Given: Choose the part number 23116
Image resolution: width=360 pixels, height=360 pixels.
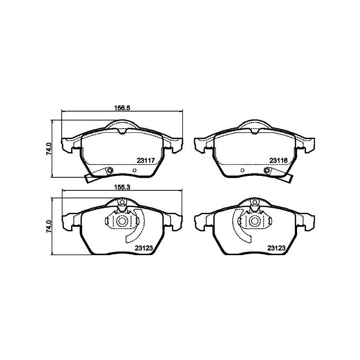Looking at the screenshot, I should tap(278, 160).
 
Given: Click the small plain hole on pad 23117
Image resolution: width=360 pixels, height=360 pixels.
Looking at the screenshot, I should tap(135, 171).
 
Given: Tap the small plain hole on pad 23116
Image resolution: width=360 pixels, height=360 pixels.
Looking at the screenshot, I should tap(243, 171).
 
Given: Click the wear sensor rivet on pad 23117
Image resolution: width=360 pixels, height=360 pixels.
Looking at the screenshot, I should tap(109, 170).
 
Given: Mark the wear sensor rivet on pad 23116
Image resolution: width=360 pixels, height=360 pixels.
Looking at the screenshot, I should tap(268, 170).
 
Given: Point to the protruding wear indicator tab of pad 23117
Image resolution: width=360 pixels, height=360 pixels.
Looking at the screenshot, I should tap(90, 178).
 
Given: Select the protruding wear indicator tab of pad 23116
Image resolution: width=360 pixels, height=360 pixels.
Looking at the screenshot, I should tap(288, 178).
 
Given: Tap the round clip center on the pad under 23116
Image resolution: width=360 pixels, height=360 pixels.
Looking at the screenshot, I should tap(255, 221).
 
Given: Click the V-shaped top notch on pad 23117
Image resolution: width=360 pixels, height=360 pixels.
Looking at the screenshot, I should tap(122, 131).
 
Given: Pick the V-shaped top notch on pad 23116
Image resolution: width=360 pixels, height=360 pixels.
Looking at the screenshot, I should tap(255, 131).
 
